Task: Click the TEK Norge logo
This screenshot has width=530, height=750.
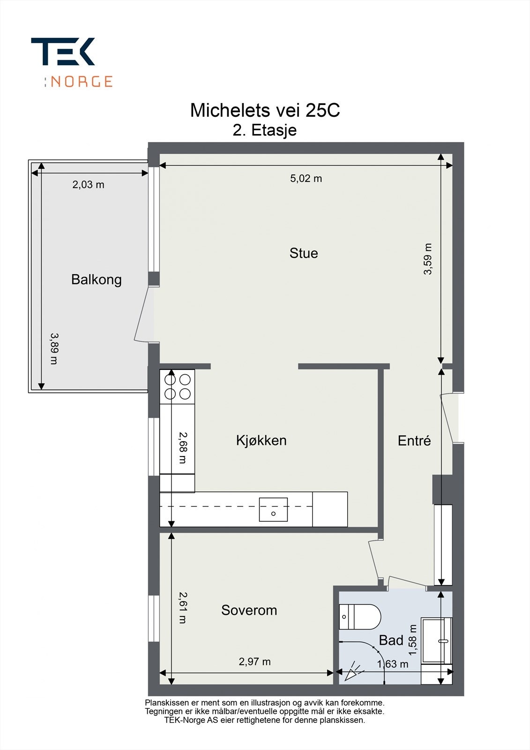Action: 71,62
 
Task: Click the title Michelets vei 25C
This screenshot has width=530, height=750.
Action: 265,111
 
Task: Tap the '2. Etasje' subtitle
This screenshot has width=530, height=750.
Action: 265,130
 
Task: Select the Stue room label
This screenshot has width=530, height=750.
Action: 304,253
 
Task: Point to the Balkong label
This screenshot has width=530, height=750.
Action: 97,279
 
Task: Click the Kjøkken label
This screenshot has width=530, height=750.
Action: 261,440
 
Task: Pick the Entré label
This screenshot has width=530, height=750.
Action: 414,441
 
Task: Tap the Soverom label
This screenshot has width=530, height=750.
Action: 249,610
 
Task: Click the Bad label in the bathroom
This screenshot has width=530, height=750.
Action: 391,640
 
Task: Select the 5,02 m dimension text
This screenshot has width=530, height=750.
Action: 306,179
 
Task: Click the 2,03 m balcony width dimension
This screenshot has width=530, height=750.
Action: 88,185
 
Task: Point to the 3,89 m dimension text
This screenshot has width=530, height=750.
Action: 54,348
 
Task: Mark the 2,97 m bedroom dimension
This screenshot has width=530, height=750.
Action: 254,661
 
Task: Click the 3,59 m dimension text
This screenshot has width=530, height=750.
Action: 427,259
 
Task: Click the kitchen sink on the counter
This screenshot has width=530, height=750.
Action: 273,510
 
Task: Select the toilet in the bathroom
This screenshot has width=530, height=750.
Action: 359,616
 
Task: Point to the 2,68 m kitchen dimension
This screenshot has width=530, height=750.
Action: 182,448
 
